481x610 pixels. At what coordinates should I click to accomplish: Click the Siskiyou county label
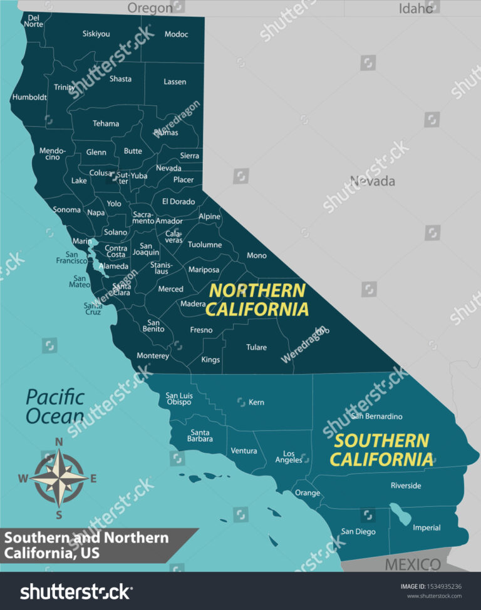96,34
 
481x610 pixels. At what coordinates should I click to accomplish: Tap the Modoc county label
176,34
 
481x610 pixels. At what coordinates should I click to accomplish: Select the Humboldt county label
29,97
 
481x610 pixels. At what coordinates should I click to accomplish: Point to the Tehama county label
106,123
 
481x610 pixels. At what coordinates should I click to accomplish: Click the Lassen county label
175,82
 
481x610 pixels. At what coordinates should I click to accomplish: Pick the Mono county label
256,255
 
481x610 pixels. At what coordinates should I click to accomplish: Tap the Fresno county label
201,330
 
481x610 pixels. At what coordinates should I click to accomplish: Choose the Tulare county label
256,347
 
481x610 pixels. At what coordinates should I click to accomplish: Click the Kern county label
256,402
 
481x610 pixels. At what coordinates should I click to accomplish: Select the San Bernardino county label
376,416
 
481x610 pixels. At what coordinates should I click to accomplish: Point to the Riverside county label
406,485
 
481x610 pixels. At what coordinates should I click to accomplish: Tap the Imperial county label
427,527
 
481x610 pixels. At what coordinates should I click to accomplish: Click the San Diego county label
358,532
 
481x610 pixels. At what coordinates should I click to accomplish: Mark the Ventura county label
244,450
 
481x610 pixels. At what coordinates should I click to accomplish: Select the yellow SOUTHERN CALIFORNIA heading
381,450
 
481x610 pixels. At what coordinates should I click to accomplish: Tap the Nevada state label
372,181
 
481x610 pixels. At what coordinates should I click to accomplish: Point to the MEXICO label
412,564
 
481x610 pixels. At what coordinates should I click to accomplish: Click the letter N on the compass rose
59,442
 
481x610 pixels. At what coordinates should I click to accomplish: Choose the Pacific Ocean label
55,406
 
